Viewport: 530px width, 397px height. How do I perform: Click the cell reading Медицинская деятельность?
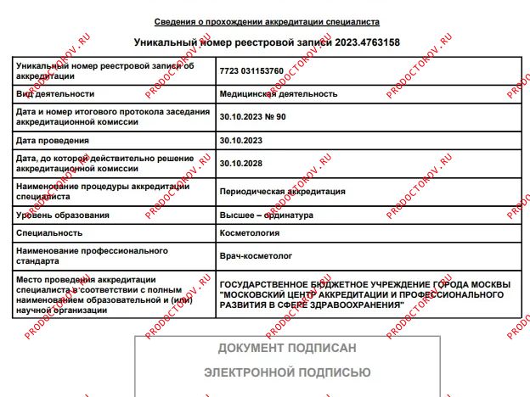point(279,93)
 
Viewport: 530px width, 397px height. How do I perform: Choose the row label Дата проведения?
point(53,139)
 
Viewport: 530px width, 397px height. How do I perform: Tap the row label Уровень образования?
point(63,215)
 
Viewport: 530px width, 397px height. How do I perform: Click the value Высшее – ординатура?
point(267,215)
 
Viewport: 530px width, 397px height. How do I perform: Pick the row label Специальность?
point(48,232)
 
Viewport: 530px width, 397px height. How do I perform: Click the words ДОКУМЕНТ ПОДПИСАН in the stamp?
point(287,349)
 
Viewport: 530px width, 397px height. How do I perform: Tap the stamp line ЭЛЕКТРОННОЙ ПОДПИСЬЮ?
point(287,372)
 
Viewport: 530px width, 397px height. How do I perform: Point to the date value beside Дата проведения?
point(242,139)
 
